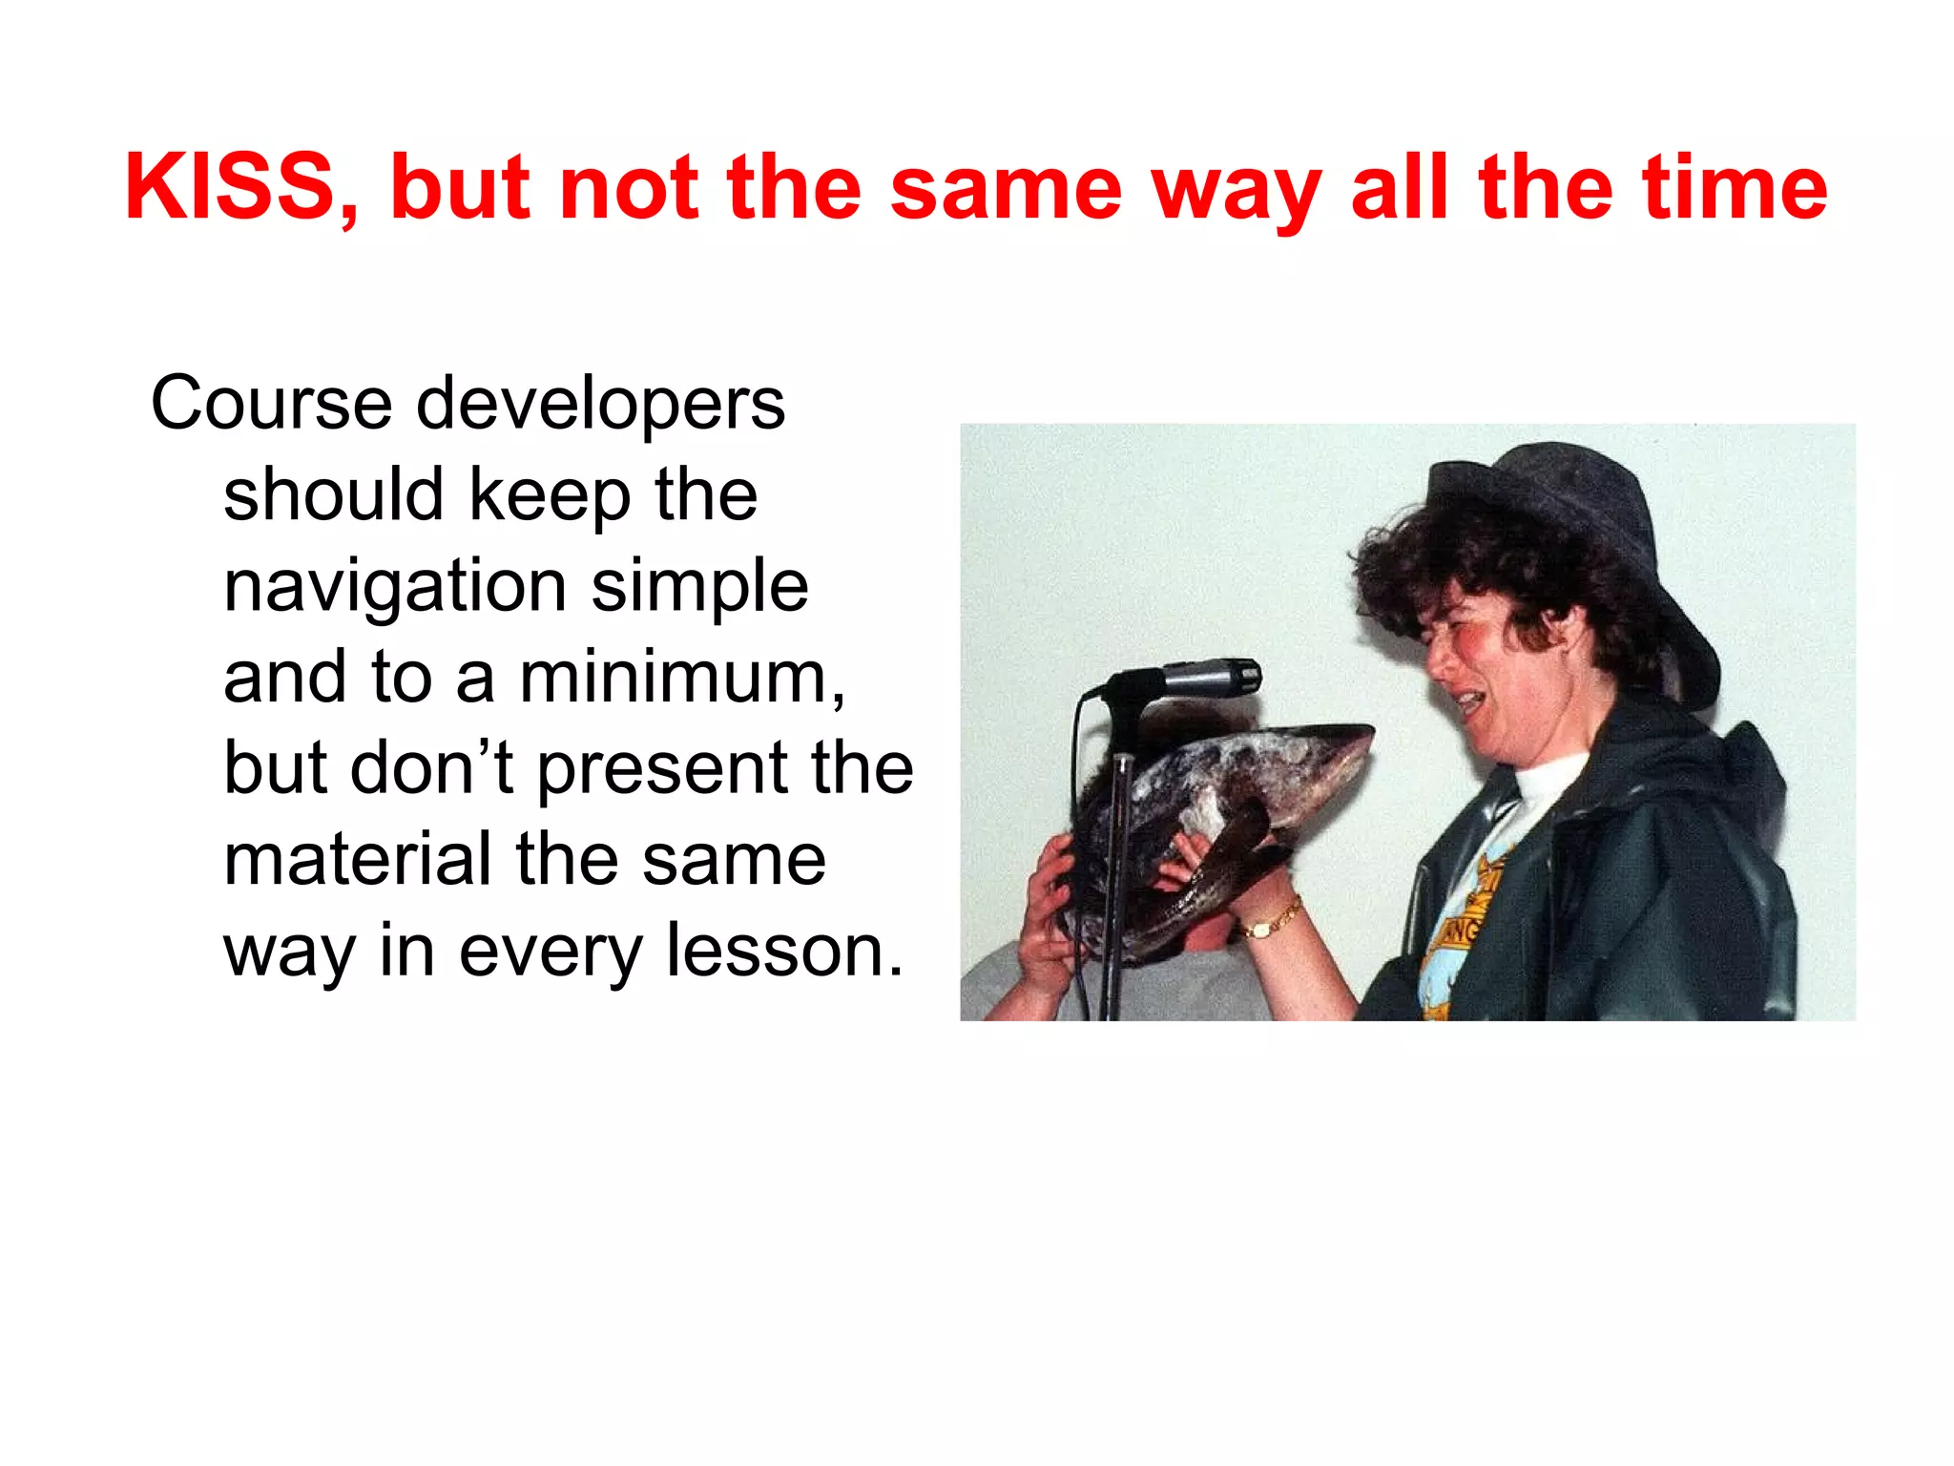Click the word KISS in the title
pyautogui.click(x=230, y=187)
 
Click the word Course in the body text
pyautogui.click(x=271, y=404)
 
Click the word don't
pyautogui.click(x=433, y=767)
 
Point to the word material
pyautogui.click(x=358, y=859)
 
